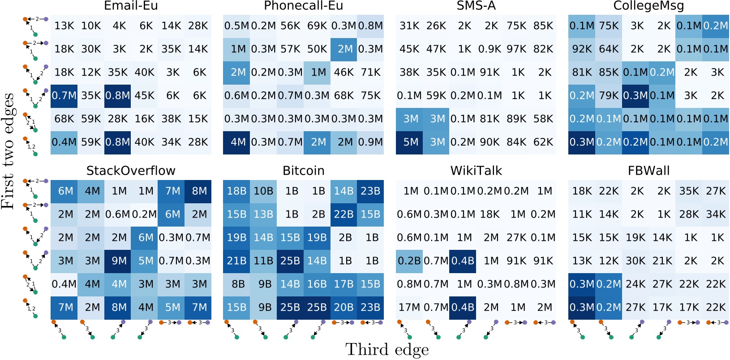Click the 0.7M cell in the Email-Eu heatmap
click(x=64, y=96)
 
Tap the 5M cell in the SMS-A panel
click(x=409, y=142)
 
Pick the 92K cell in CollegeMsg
click(x=582, y=49)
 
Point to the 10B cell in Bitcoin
click(x=263, y=191)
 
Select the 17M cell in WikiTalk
click(x=409, y=308)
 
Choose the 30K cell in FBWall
click(x=636, y=261)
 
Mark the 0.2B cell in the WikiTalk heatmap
click(x=409, y=261)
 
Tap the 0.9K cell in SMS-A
click(x=490, y=49)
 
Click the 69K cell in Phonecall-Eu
click(x=317, y=26)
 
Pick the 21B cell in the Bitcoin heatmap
click(x=236, y=261)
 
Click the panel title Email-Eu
click(x=131, y=6)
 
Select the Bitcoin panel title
click(x=303, y=171)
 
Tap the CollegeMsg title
click(x=648, y=6)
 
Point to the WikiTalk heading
click(x=476, y=171)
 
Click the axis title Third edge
click(x=387, y=350)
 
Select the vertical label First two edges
click(x=8, y=151)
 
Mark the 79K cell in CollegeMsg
click(x=609, y=96)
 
